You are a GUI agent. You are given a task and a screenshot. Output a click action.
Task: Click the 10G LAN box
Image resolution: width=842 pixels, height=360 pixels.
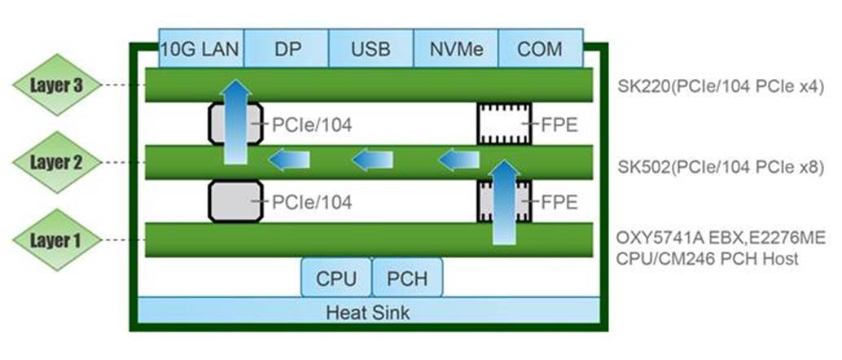point(200,49)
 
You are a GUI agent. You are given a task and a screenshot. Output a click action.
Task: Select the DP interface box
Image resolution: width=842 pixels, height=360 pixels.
point(286,49)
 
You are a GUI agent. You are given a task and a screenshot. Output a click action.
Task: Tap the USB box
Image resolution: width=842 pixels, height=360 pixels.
point(371,49)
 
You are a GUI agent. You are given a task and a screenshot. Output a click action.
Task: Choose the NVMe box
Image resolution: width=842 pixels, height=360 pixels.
point(455,49)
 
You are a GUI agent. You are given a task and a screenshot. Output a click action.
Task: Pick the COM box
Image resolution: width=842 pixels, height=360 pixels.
point(540,49)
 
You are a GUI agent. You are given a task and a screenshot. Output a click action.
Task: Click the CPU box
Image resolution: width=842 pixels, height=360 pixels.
point(336,279)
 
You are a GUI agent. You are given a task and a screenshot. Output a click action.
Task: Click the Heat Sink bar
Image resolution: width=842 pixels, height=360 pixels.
point(368,311)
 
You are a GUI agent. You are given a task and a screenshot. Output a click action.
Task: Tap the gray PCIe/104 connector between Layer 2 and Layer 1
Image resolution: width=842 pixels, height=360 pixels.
point(235,200)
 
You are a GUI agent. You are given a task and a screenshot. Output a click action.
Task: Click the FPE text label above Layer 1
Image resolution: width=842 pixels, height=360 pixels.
point(559,202)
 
